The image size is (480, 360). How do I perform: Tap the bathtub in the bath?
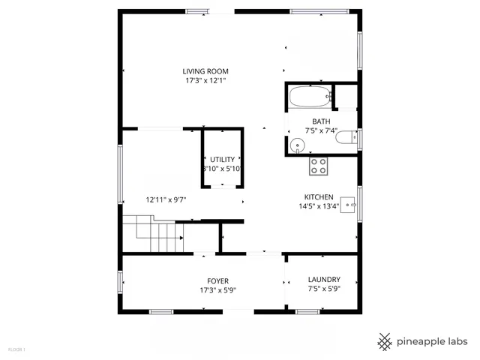pyautogui.click(x=308, y=97)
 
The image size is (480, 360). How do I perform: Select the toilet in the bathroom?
pyautogui.click(x=346, y=138)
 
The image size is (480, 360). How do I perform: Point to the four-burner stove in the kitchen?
pyautogui.click(x=319, y=166)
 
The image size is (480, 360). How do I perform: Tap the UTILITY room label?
pyautogui.click(x=222, y=159)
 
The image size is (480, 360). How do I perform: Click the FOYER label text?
pyautogui.click(x=218, y=280)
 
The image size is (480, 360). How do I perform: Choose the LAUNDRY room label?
pyautogui.click(x=323, y=279)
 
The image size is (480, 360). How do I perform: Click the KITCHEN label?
pyautogui.click(x=319, y=196)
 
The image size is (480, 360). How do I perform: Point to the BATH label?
pyautogui.click(x=321, y=121)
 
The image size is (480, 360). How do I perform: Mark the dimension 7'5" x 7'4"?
pyautogui.click(x=321, y=130)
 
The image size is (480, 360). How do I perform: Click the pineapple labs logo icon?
pyautogui.click(x=385, y=341)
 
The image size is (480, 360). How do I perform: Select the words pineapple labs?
pyautogui.click(x=433, y=341)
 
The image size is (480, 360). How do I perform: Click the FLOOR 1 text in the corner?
pyautogui.click(x=16, y=349)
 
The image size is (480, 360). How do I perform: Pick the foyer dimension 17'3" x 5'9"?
pyautogui.click(x=218, y=289)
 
